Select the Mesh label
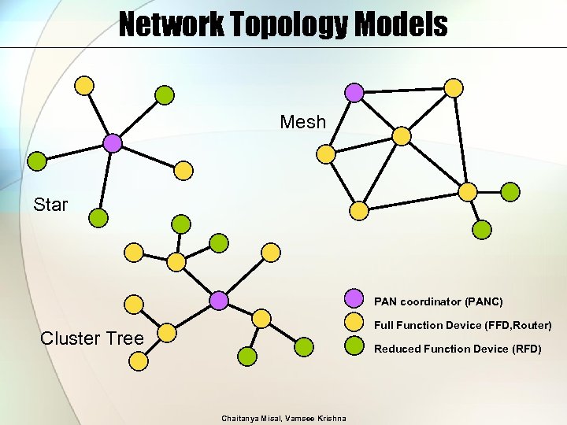pyautogui.click(x=302, y=123)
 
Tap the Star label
pyautogui.click(x=50, y=205)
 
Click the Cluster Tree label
pyautogui.click(x=92, y=338)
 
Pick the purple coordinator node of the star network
pyautogui.click(x=113, y=142)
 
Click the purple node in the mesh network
pyautogui.click(x=355, y=93)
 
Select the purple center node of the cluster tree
pyautogui.click(x=219, y=300)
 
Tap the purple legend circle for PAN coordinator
pyautogui.click(x=355, y=300)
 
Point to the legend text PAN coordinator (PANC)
pyautogui.click(x=439, y=301)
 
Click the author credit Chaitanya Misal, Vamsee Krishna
pyautogui.click(x=283, y=418)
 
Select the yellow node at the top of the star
pyautogui.click(x=84, y=85)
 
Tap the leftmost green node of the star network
pyautogui.click(x=37, y=161)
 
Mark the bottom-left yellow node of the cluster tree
pyautogui.click(x=138, y=361)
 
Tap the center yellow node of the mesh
pyautogui.click(x=402, y=136)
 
